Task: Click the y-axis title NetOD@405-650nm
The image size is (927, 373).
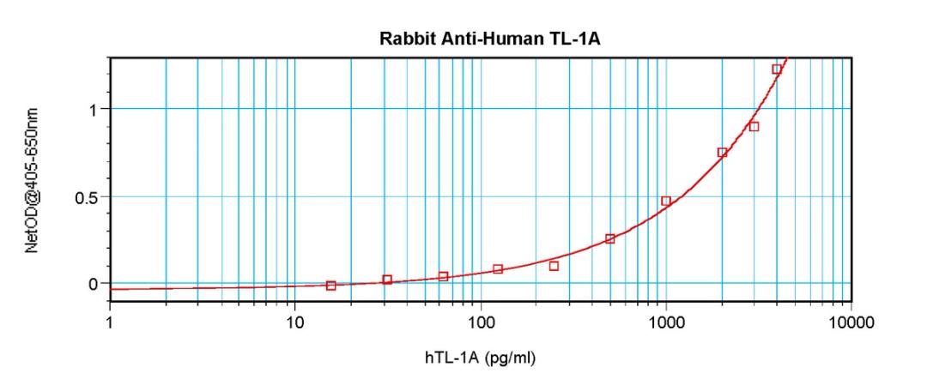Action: click(33, 180)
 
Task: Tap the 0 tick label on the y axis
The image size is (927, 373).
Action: click(93, 284)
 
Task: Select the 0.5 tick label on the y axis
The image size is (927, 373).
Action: click(87, 196)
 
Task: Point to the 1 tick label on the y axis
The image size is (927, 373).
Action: click(93, 109)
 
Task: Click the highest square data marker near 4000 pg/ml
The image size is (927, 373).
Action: click(777, 69)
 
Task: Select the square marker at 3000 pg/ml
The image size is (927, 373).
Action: click(754, 126)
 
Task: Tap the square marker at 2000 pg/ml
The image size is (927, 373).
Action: click(722, 153)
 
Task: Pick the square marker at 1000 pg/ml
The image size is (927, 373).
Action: click(666, 201)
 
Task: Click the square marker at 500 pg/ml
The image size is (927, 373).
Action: click(610, 238)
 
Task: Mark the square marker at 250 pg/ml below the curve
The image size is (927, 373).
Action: click(554, 266)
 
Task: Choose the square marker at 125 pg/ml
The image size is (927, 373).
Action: click(498, 269)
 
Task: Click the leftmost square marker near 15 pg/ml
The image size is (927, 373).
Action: click(331, 286)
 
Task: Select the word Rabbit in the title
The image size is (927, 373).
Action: click(401, 39)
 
